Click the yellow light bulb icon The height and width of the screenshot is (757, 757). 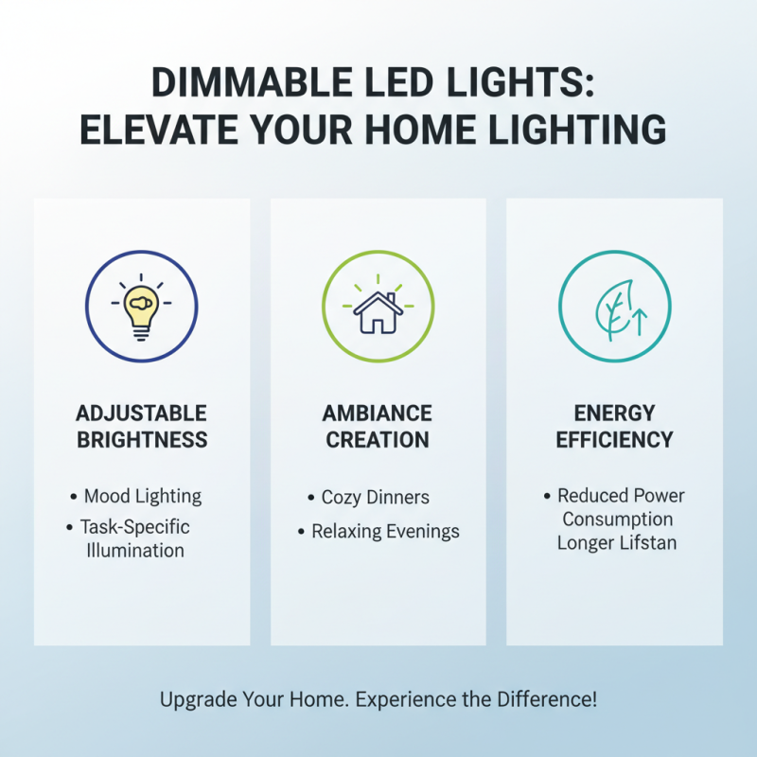coord(141,308)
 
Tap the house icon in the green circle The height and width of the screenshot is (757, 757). coord(378,312)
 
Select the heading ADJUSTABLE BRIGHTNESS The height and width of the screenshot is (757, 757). coord(142,427)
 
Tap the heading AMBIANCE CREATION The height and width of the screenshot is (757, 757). coord(378,427)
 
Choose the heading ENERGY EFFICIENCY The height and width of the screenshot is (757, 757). coord(614,427)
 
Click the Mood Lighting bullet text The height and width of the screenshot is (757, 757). coord(142,496)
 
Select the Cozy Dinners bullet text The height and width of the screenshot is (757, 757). coord(375,497)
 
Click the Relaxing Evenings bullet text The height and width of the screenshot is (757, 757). coord(385,532)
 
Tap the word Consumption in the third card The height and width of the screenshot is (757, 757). coord(617,519)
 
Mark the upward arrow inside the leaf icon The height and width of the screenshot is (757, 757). coord(636,321)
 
